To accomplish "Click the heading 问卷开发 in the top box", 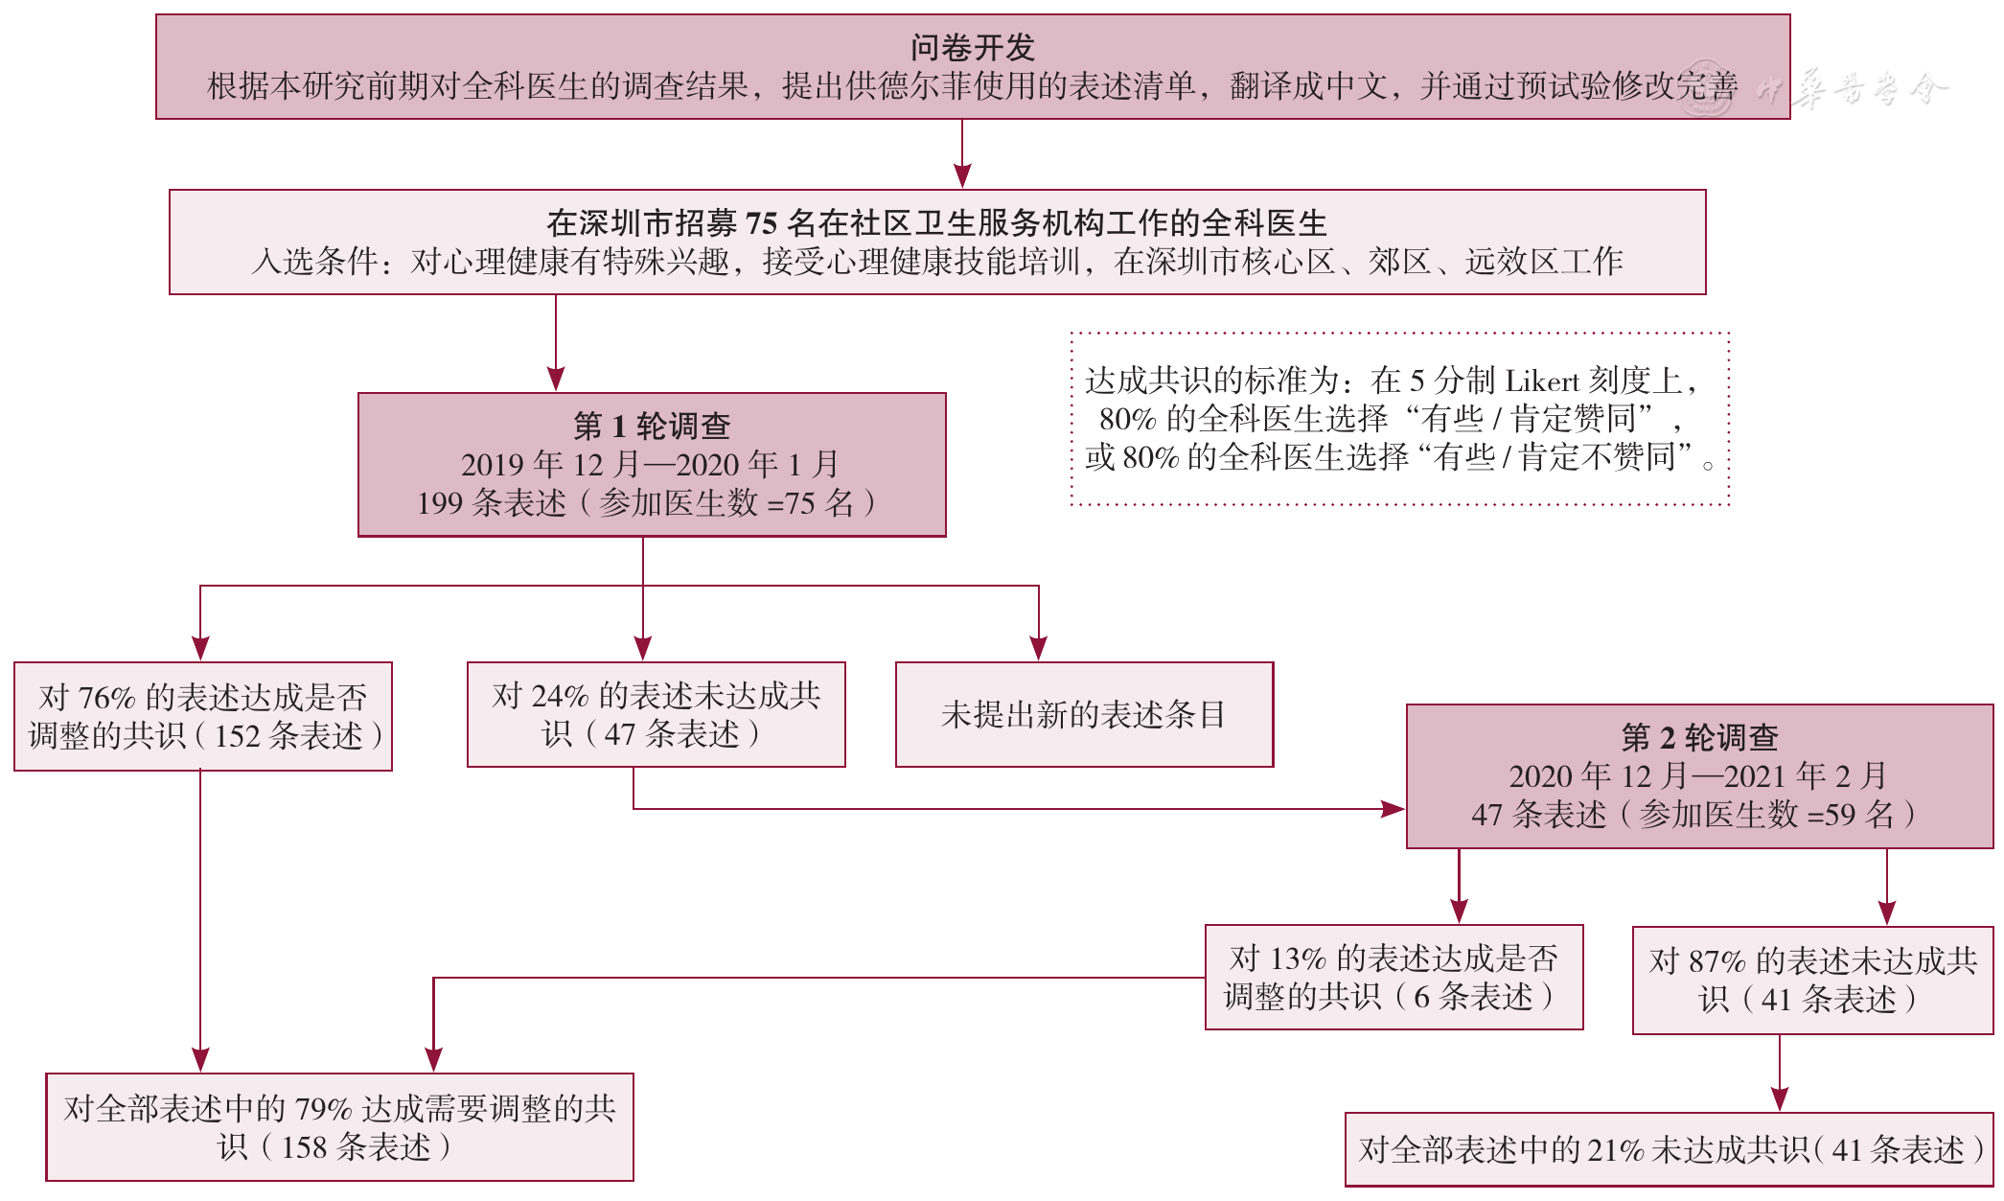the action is coord(972,47).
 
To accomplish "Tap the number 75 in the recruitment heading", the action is coord(761,223).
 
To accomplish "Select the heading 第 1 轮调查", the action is coord(652,426).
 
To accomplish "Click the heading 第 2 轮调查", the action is coord(1699,737).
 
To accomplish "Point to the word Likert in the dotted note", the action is coord(1542,381).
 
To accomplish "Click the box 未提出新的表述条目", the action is coord(1084,714).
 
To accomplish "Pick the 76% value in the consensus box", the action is coord(106,698).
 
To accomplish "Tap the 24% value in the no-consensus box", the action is coord(560,696).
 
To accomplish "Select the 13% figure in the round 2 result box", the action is coord(1298,958).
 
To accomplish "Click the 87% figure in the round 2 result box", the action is coord(1717,961).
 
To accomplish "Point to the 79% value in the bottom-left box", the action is coord(324,1109).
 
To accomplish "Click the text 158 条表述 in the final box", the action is coord(357,1147).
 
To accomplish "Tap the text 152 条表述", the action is coord(288,736).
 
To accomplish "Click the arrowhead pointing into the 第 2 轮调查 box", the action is coord(1394,809).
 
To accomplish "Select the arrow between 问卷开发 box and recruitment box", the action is coord(962,153).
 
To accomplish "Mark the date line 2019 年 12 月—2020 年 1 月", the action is coord(650,465).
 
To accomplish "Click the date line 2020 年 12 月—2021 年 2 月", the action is coord(1698,775).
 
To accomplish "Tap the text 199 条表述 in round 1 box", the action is coord(492,503).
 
